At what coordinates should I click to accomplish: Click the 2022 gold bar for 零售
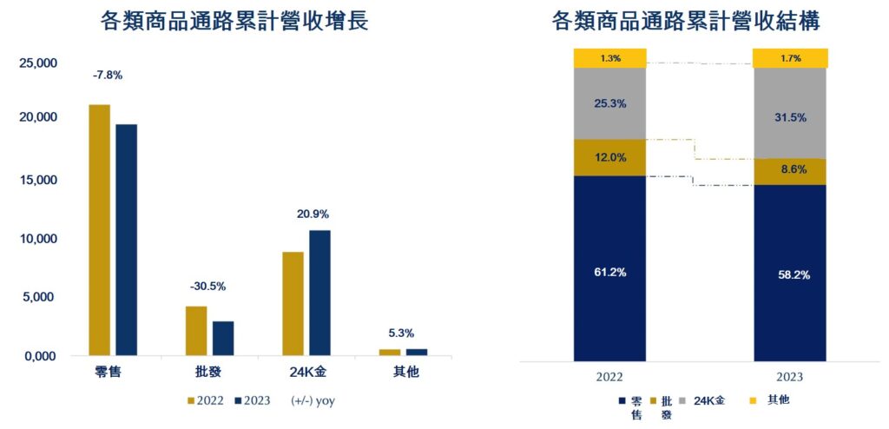pos(100,230)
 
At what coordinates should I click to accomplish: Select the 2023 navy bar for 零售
pos(127,240)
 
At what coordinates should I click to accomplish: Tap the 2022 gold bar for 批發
pos(196,331)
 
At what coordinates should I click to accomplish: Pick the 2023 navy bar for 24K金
pos(319,293)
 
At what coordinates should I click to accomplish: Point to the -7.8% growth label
pos(108,76)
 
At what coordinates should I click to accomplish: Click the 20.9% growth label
pos(313,214)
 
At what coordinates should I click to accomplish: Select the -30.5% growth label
pos(208,286)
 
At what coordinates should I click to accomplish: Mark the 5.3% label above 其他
pos(401,333)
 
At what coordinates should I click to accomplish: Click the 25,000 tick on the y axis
pos(37,63)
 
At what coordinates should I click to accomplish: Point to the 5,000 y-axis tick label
pos(41,297)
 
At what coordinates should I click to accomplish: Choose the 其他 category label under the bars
pos(401,374)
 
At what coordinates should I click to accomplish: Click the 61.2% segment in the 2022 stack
pos(609,272)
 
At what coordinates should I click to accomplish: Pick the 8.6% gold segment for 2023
pos(790,172)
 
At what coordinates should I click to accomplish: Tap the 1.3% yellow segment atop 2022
pos(609,58)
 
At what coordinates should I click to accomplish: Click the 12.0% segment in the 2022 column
pos(609,157)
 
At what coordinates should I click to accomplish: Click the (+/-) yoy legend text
pos(315,401)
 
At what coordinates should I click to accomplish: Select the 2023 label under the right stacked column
pos(790,377)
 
